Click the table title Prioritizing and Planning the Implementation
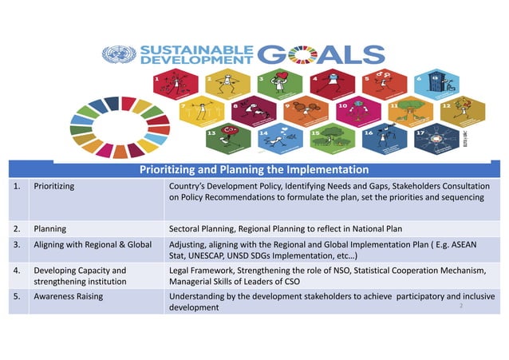tap(254, 169)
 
